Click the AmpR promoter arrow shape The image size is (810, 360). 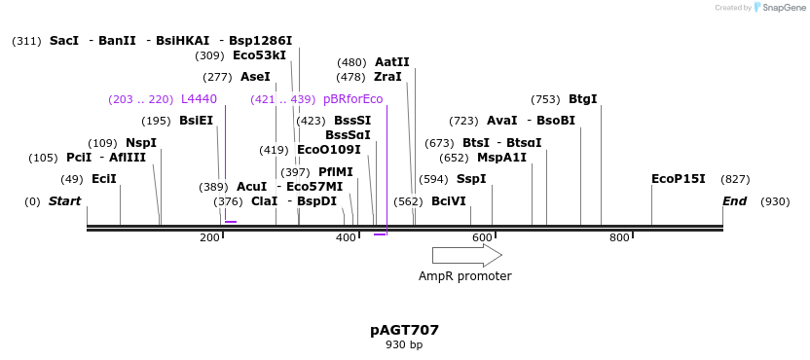pyautogui.click(x=466, y=255)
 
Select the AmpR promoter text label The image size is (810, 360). pyautogui.click(x=464, y=276)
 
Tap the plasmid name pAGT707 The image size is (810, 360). pyautogui.click(x=404, y=330)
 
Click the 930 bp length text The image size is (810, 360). pyautogui.click(x=404, y=345)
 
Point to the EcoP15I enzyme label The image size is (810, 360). pyautogui.click(x=678, y=179)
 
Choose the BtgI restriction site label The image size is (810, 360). pyautogui.click(x=582, y=99)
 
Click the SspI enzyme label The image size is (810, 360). pyautogui.click(x=471, y=179)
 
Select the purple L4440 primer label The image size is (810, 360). pyautogui.click(x=199, y=99)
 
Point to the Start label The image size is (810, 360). pyautogui.click(x=64, y=201)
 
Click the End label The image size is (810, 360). pyautogui.click(x=734, y=201)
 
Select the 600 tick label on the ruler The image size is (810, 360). pyautogui.click(x=483, y=238)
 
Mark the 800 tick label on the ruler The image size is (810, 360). pyautogui.click(x=619, y=238)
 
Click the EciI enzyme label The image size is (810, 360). pyautogui.click(x=103, y=179)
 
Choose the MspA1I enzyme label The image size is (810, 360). pyautogui.click(x=501, y=158)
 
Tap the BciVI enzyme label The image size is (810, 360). pyautogui.click(x=449, y=201)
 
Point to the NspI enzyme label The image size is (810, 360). pyautogui.click(x=141, y=143)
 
